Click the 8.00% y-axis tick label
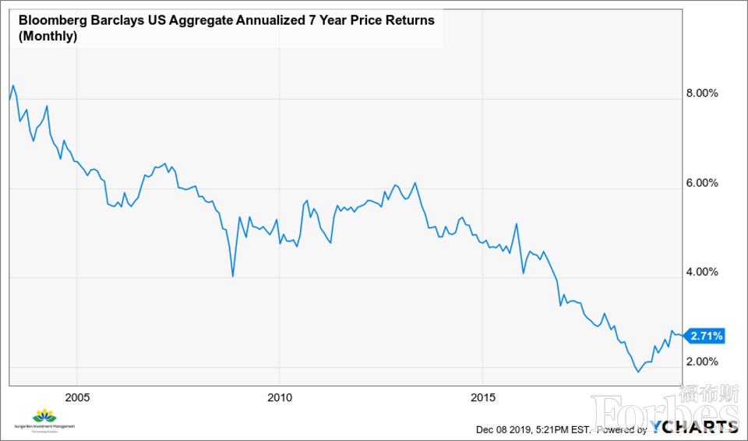(701, 93)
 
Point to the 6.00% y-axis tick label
(701, 183)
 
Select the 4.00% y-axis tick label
(701, 272)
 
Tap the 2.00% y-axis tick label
(701, 362)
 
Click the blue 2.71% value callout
(707, 337)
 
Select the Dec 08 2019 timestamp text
(511, 429)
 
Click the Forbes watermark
(662, 409)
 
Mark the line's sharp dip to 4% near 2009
(233, 276)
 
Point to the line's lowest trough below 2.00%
(638, 372)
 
